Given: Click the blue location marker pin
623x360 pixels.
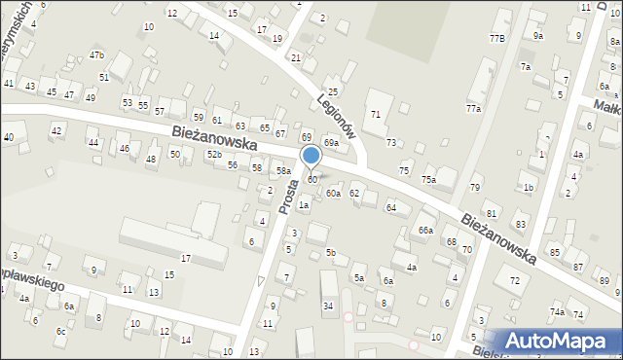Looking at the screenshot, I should tap(311, 155).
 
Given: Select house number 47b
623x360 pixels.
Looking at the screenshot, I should tap(96, 55).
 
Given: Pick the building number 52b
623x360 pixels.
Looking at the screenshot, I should tap(213, 155).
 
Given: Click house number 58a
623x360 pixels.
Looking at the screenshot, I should tap(283, 171).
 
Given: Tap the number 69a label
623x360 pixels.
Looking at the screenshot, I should tap(331, 143).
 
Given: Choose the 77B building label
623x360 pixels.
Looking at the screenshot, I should tap(496, 38).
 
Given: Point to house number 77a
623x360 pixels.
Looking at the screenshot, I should tap(473, 109).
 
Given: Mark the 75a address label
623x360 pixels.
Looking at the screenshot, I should tap(427, 180).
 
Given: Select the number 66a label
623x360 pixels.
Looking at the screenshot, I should tap(425, 230).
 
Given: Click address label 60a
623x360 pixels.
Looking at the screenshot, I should tap(333, 194).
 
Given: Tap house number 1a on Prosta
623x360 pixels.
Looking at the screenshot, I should tap(304, 204).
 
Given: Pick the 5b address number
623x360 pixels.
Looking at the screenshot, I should tap(331, 253).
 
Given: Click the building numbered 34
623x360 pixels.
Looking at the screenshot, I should tap(329, 306).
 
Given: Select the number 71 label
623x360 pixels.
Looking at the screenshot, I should tap(376, 115).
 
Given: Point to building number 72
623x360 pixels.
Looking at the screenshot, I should tap(514, 281).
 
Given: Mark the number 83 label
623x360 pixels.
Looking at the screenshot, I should tap(521, 225).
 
